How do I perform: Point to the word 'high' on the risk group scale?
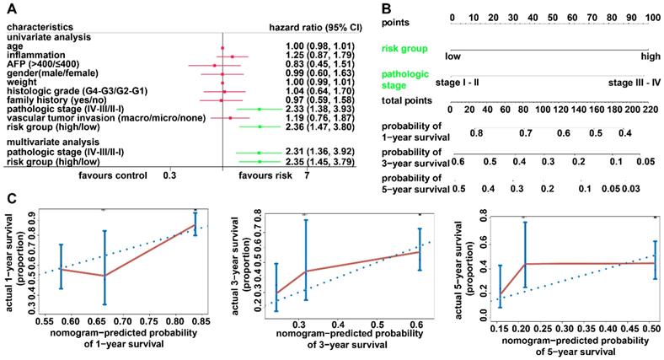pos(651,56)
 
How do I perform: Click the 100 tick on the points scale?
pos(652,18)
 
